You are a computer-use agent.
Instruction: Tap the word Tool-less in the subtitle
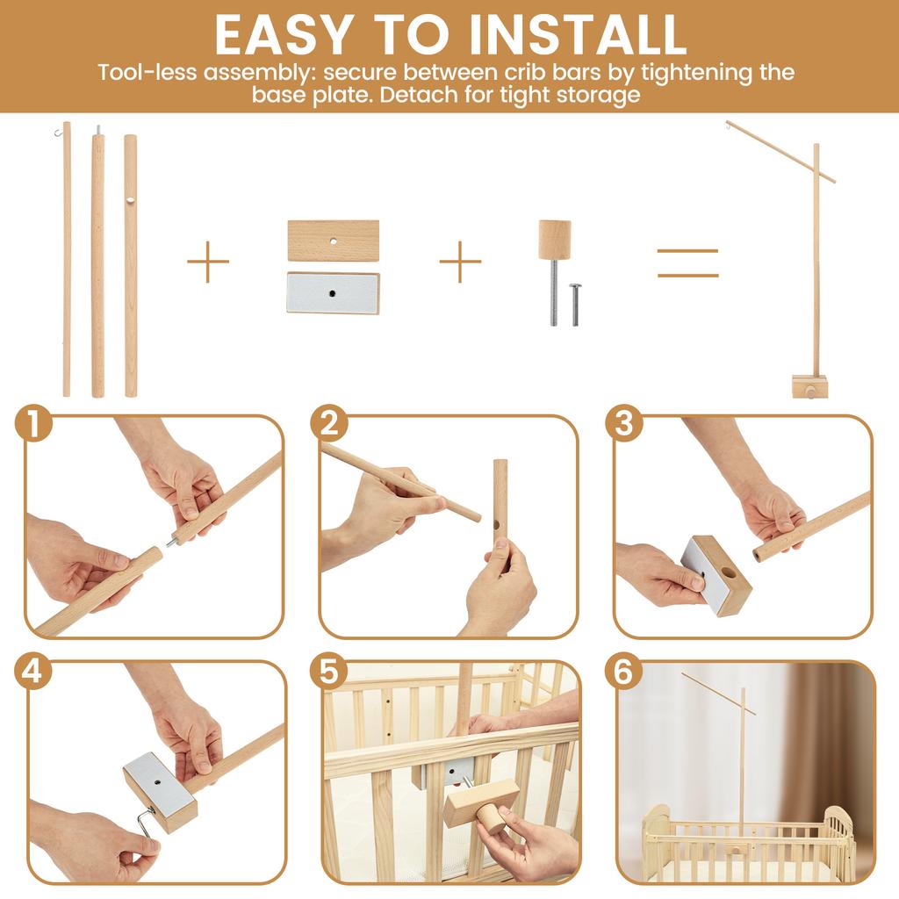click(x=148, y=72)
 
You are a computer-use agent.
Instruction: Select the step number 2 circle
click(x=328, y=424)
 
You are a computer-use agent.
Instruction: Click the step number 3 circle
click(x=623, y=424)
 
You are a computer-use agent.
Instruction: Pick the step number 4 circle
click(x=33, y=672)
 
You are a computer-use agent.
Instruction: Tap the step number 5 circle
click(x=328, y=672)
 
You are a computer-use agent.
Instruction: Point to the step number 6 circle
click(x=623, y=672)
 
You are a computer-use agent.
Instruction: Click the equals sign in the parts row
click(x=687, y=263)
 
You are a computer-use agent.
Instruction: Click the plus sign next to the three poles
click(x=208, y=261)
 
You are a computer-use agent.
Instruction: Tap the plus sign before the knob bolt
click(x=460, y=261)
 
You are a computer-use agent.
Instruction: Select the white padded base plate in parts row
click(x=333, y=293)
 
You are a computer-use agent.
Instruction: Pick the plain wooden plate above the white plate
click(x=333, y=241)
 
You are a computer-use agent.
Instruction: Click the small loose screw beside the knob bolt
click(x=576, y=304)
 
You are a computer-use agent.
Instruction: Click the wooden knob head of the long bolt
click(x=554, y=240)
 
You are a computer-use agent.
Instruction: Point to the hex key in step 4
click(x=142, y=825)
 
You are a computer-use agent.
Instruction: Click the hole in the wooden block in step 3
click(x=727, y=572)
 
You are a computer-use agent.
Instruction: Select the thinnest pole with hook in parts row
click(x=67, y=263)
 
